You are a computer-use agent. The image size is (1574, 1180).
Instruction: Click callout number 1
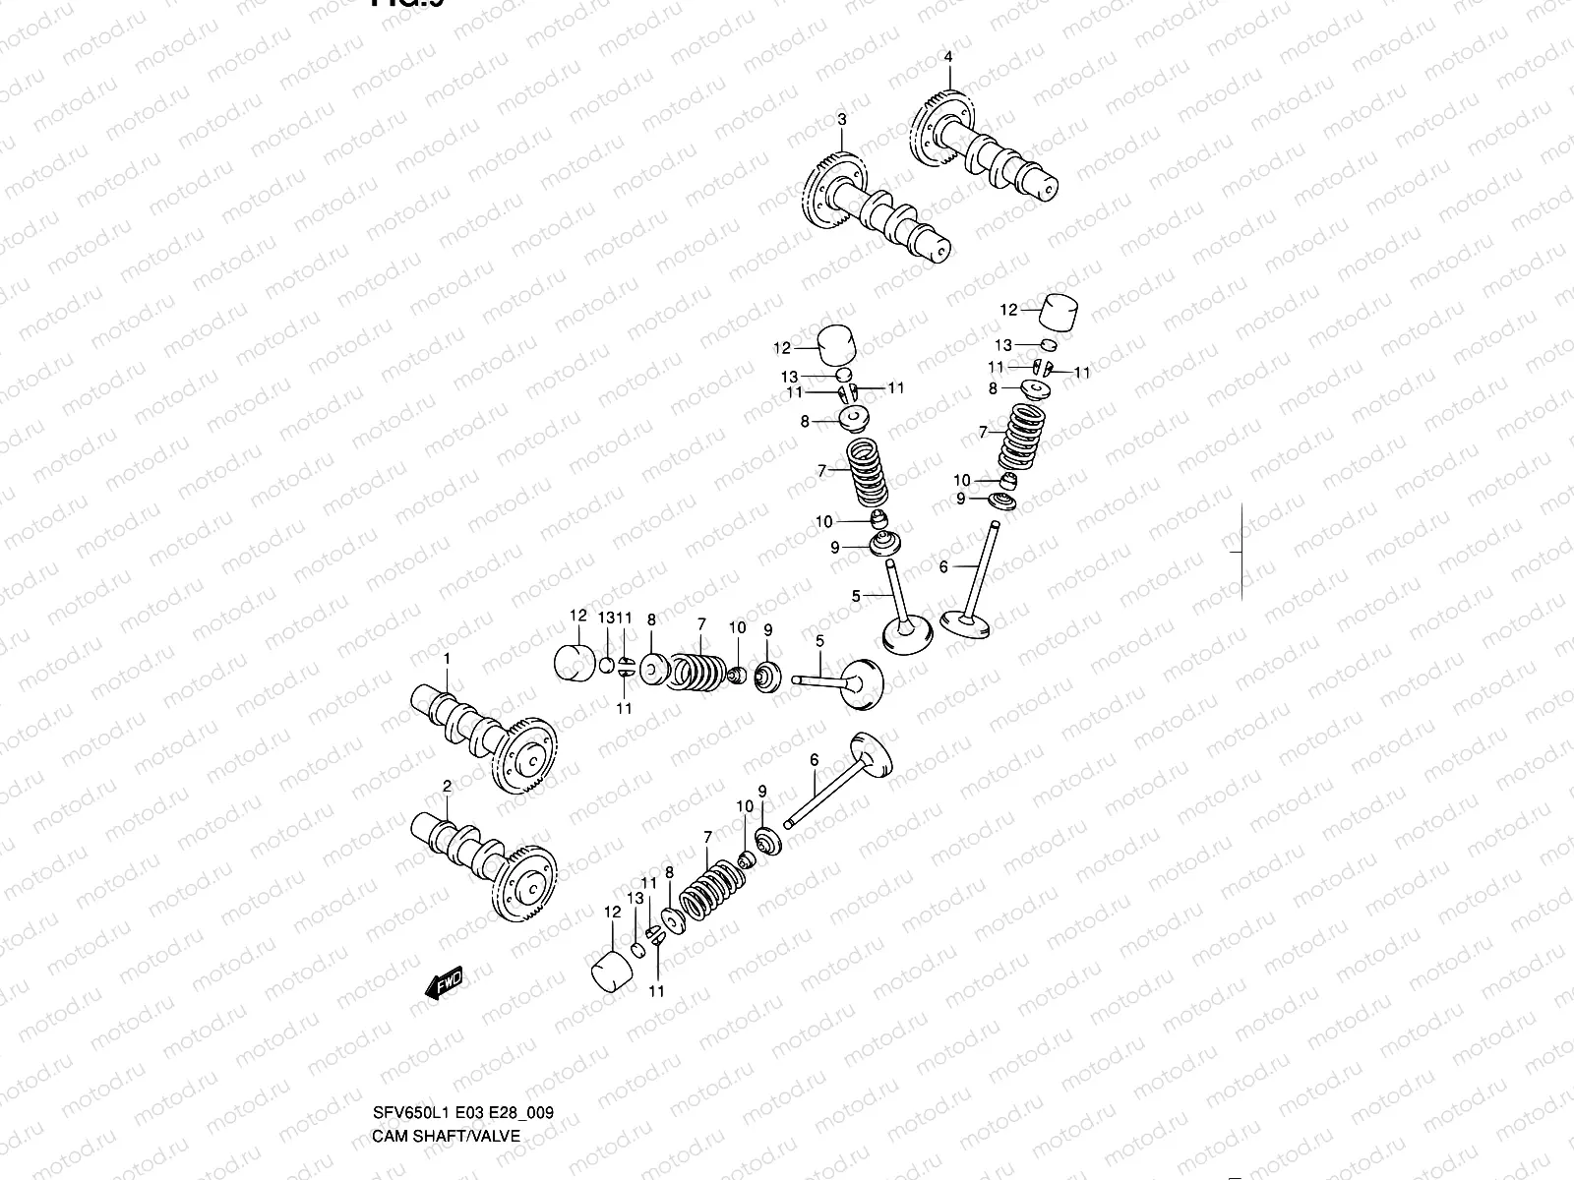[446, 657]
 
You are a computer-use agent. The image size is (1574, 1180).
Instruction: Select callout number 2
[446, 786]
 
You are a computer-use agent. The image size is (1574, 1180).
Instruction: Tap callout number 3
[841, 119]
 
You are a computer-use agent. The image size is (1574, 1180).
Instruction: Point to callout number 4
[948, 57]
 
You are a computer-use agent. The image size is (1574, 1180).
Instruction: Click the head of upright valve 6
[964, 622]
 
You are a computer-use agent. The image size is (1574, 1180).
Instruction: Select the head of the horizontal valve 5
[861, 680]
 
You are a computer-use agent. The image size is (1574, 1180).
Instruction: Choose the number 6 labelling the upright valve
[943, 567]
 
